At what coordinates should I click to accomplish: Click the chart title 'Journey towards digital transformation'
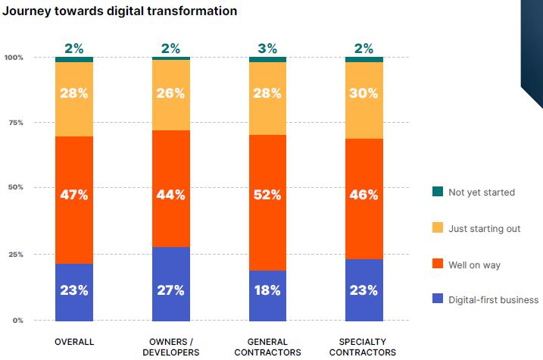pyautogui.click(x=120, y=11)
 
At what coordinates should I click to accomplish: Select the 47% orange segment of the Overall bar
pyautogui.click(x=74, y=200)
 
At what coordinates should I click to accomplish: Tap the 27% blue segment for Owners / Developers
pyautogui.click(x=171, y=283)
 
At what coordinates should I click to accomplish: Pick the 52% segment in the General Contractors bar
pyautogui.click(x=268, y=202)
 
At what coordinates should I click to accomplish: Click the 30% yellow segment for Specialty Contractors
pyautogui.click(x=364, y=100)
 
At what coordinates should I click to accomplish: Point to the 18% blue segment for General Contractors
pyautogui.click(x=268, y=295)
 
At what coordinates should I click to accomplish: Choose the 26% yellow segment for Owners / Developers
pyautogui.click(x=171, y=95)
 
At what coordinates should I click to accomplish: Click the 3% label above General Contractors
pyautogui.click(x=268, y=49)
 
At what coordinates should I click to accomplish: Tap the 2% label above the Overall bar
pyautogui.click(x=74, y=49)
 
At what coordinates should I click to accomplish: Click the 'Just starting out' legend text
pyautogui.click(x=485, y=228)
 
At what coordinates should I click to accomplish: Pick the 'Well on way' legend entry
pyautogui.click(x=475, y=265)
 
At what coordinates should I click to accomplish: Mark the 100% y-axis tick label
pyautogui.click(x=14, y=58)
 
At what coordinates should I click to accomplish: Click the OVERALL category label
pyautogui.click(x=74, y=343)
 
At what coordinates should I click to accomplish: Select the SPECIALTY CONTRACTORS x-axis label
pyautogui.click(x=364, y=347)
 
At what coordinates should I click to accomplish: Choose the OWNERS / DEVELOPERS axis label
pyautogui.click(x=171, y=347)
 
